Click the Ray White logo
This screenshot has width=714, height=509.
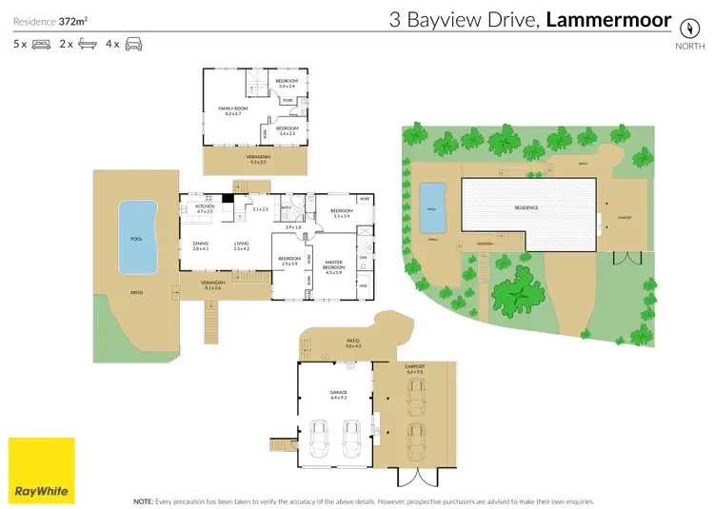pyautogui.click(x=41, y=470)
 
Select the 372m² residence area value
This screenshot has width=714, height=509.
pyautogui.click(x=75, y=20)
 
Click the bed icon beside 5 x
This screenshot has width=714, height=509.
pyautogui.click(x=41, y=44)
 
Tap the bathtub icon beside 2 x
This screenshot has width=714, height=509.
pyautogui.click(x=86, y=44)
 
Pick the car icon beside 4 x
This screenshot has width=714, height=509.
pyautogui.click(x=132, y=44)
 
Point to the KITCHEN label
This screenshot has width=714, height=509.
pyautogui.click(x=205, y=206)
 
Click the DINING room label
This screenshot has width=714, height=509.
pyautogui.click(x=201, y=244)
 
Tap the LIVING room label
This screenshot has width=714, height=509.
pyautogui.click(x=241, y=244)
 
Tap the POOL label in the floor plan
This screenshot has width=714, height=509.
pyautogui.click(x=136, y=239)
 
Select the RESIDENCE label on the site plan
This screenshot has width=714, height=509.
pyautogui.click(x=526, y=207)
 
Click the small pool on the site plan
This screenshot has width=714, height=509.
pyautogui.click(x=433, y=206)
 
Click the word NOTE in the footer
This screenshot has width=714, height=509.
pyautogui.click(x=144, y=499)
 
